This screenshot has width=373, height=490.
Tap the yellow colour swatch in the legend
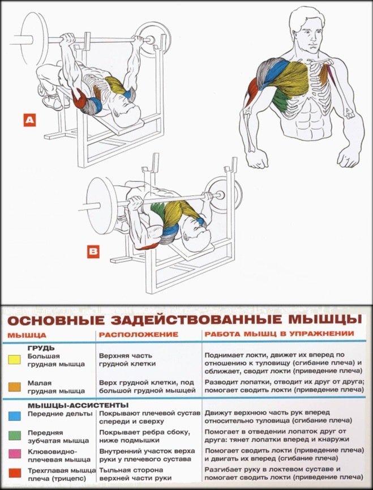click(15, 359)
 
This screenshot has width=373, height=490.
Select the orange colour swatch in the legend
click(15, 386)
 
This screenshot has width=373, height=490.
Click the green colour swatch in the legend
click(15, 434)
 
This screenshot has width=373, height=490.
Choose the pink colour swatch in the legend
click(15, 453)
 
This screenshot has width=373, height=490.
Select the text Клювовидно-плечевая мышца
click(55, 455)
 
